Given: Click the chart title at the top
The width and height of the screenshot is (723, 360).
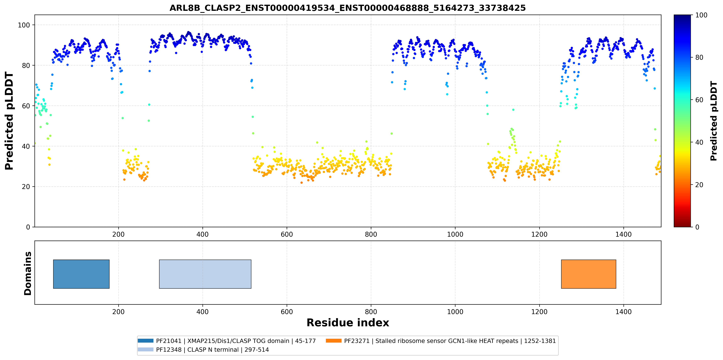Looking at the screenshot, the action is pos(347,8).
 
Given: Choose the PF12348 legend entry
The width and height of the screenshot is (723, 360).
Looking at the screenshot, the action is pos(203,350).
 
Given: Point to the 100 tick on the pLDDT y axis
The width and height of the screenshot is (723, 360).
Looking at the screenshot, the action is pos(24,25).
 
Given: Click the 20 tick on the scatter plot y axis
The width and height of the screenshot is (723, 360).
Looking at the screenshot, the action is pos(26,187).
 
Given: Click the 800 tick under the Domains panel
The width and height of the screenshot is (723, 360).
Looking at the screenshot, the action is pos(371,312).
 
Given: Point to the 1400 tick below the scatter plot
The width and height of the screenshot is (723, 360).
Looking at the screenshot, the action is pos(623,234).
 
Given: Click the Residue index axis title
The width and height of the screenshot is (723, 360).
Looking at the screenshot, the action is pos(348,323).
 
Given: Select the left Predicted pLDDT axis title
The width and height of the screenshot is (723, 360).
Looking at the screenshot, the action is pos(9,121).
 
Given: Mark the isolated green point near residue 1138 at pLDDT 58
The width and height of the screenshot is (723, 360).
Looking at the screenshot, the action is pos(513,110).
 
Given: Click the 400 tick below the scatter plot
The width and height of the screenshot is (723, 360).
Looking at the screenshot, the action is pos(202,234).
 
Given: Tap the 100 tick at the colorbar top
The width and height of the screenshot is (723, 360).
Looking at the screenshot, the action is pos(701,15).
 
